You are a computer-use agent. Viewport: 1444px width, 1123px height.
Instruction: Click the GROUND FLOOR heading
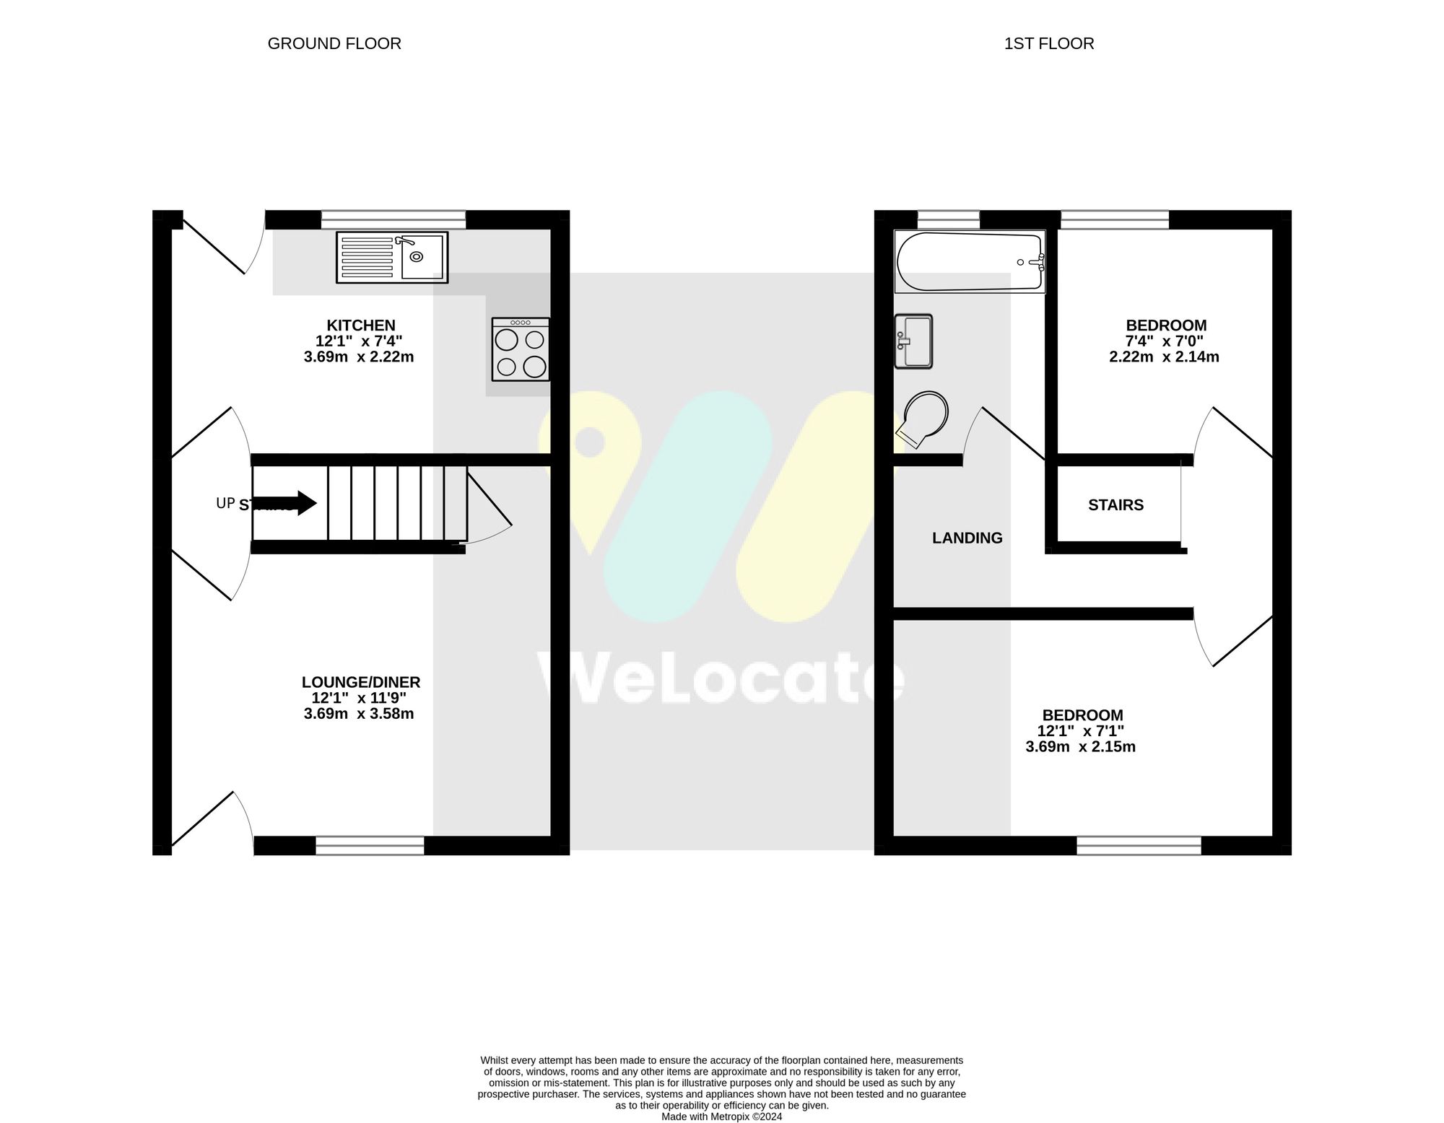pos(334,44)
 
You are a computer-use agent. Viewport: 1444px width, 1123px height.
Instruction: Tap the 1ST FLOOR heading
pos(1048,44)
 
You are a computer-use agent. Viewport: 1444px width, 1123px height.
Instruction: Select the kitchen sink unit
pos(391,257)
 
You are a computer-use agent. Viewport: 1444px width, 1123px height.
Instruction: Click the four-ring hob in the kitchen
pos(521,349)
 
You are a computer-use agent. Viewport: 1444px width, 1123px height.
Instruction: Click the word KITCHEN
pos(360,325)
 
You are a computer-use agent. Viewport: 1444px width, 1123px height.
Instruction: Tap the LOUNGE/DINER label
pos(360,682)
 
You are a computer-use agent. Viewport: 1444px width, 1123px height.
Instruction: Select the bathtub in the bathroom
pos(969,261)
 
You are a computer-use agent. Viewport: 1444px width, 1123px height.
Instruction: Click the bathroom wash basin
pos(913,341)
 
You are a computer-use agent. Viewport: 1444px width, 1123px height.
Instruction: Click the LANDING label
pos(967,538)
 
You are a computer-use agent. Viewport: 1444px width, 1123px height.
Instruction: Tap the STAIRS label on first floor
pos(1115,505)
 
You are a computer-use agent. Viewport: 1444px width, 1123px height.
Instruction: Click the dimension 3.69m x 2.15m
pos(1080,747)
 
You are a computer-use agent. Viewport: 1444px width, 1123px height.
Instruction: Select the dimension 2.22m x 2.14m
pos(1164,357)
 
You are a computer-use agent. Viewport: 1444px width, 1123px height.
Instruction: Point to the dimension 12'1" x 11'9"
pos(359,698)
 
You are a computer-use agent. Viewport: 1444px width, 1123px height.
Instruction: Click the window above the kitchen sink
pos(393,219)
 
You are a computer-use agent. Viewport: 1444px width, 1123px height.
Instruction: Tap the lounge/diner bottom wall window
pos(370,845)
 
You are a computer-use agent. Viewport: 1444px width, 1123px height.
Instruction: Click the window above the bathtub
pos(948,219)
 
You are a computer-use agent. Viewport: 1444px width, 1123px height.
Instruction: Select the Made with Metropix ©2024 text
pos(721,1117)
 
